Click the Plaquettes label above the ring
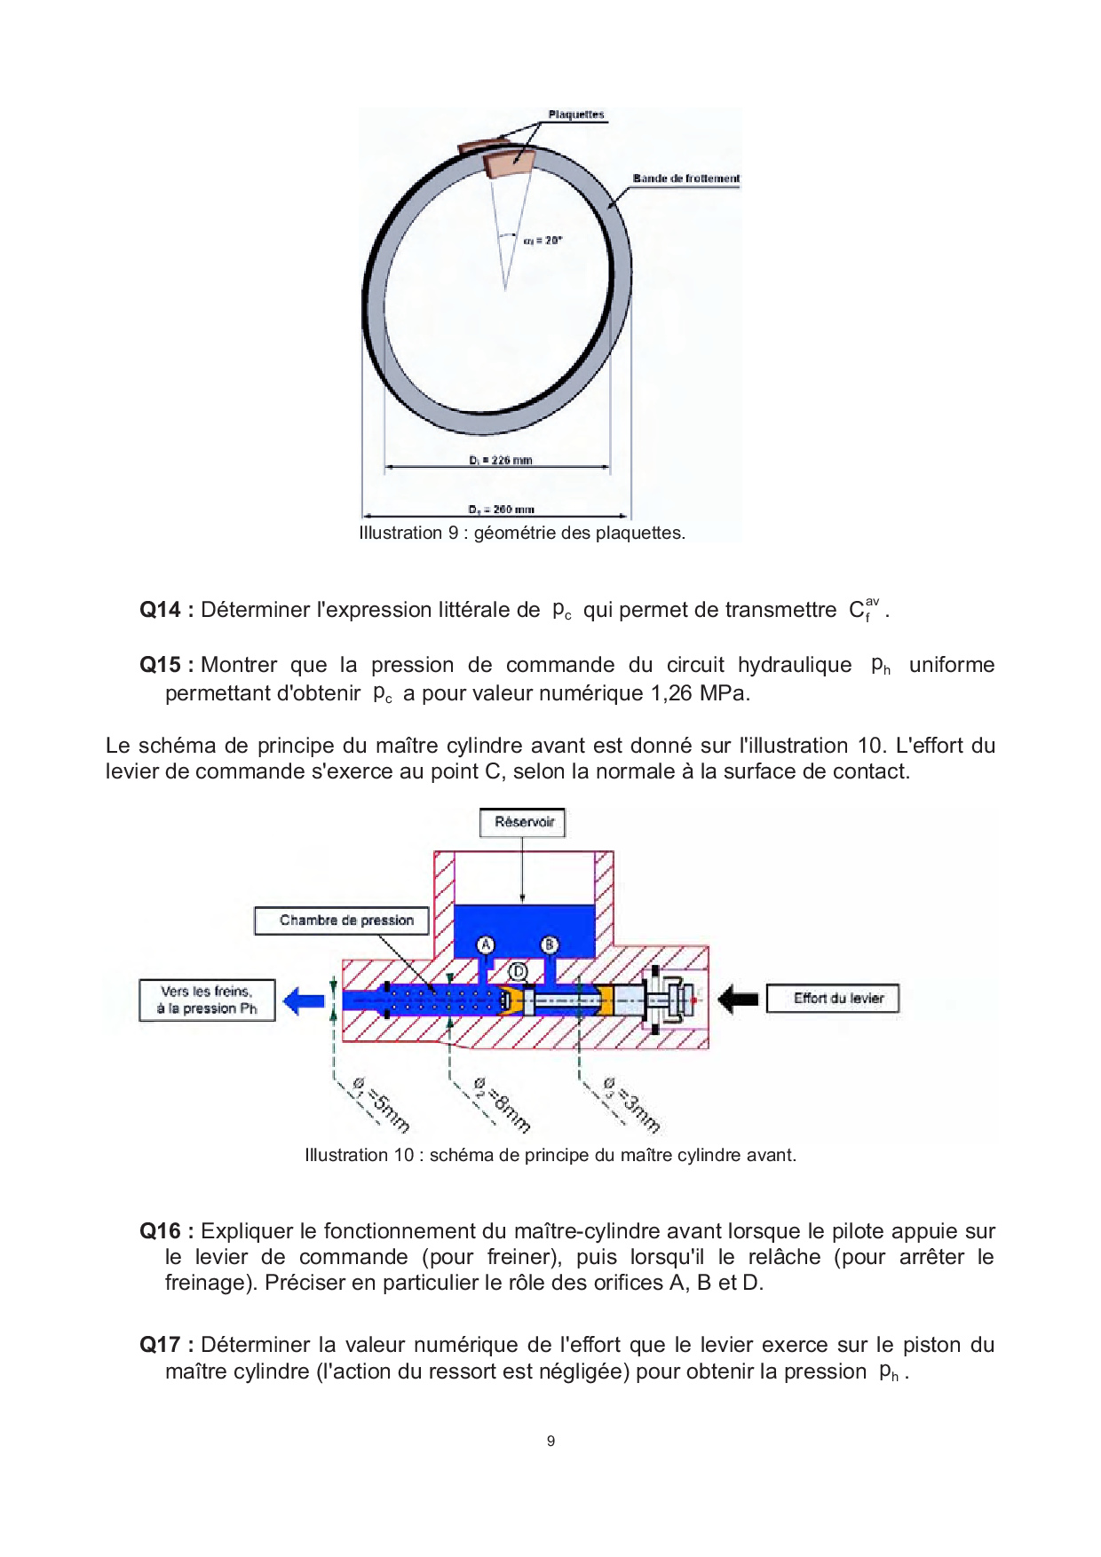(x=575, y=115)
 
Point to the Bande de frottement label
(x=685, y=178)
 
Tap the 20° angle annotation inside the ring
(x=543, y=241)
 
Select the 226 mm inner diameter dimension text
(x=501, y=460)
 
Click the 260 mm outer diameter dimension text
(x=502, y=510)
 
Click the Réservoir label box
(x=523, y=822)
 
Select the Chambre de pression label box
(x=345, y=921)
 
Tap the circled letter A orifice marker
(x=486, y=944)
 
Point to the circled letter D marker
(x=517, y=972)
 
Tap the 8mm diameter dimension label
(x=503, y=1104)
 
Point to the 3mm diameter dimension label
(x=632, y=1104)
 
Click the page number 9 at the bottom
(x=550, y=1441)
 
